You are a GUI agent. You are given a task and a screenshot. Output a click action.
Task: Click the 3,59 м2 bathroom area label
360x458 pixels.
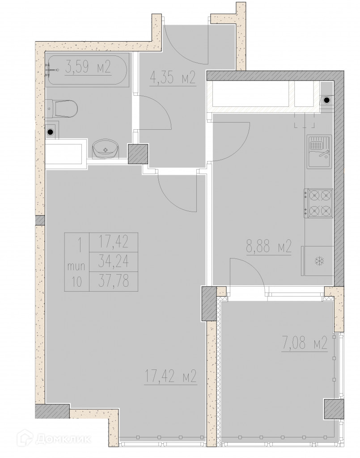(x=88, y=67)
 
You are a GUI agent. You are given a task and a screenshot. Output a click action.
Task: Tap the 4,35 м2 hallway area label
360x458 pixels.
(x=172, y=78)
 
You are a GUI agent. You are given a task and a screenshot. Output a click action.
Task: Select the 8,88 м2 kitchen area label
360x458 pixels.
(x=269, y=246)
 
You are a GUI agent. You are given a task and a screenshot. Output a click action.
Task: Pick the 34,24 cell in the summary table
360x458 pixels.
(x=113, y=261)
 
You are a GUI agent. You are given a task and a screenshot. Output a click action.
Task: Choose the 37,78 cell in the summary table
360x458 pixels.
(x=113, y=281)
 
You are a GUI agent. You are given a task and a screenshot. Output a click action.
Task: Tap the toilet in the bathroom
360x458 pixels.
(x=61, y=109)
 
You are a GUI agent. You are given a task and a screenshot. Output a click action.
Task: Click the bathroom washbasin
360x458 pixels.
(x=106, y=149)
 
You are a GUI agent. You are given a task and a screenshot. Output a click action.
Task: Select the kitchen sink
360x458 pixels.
(x=319, y=152)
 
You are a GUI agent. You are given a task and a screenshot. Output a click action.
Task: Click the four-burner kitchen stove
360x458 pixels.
(x=318, y=203)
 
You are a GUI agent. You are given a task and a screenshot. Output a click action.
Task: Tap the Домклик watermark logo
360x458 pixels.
(x=54, y=438)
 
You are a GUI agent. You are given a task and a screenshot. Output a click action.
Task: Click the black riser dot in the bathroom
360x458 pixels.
(x=51, y=132)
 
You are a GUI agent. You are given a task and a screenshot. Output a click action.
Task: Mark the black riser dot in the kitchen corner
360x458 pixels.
(x=327, y=101)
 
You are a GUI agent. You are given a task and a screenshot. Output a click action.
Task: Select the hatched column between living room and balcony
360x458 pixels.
(x=209, y=304)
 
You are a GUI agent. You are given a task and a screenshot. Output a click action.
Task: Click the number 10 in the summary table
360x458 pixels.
(x=77, y=282)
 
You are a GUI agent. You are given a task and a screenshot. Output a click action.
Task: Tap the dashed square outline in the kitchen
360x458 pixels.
(x=304, y=120)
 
